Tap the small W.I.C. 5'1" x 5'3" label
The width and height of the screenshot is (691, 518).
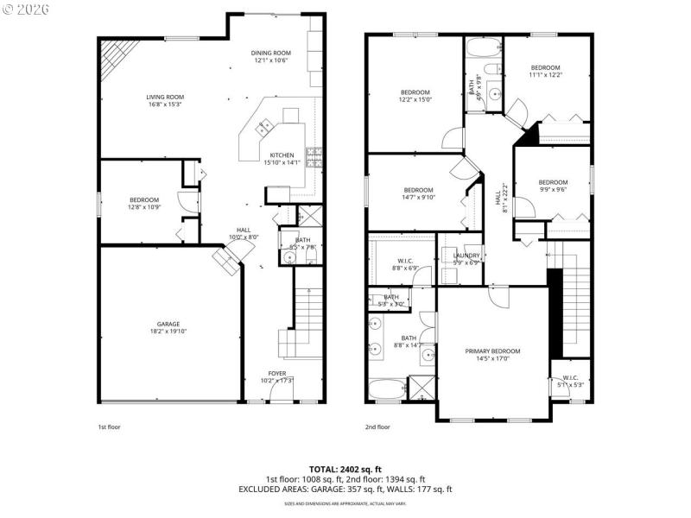(570, 381)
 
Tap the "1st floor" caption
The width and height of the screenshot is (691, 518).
(109, 426)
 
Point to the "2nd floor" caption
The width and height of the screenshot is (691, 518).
(377, 426)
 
